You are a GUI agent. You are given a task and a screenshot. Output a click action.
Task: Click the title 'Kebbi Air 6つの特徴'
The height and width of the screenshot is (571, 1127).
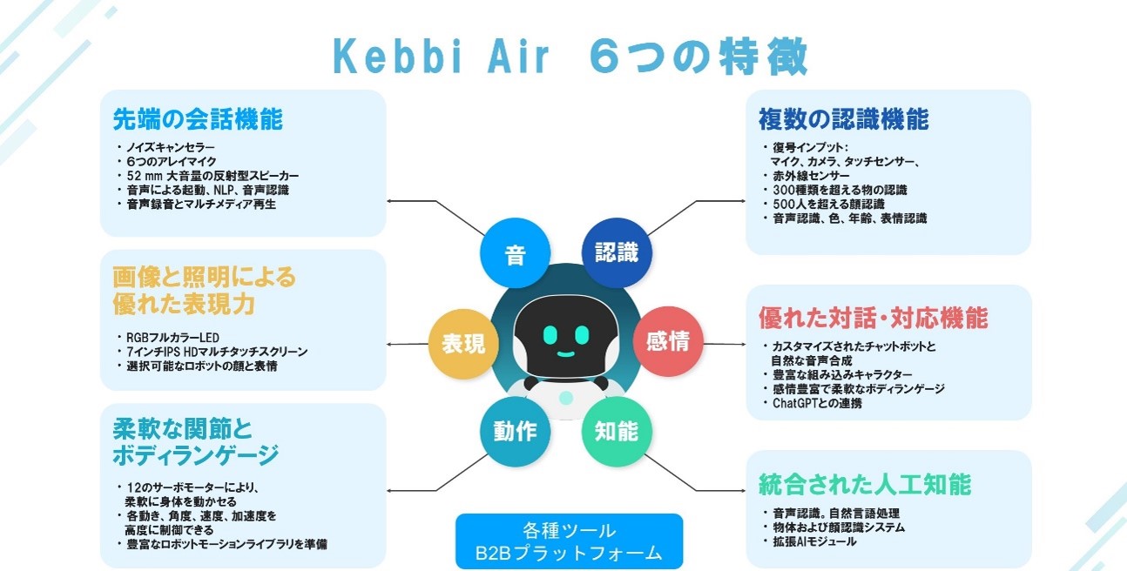click(570, 57)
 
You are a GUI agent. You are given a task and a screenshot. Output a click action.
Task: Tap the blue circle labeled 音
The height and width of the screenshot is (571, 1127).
click(516, 252)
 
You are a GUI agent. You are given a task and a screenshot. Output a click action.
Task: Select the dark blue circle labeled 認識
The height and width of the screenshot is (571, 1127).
click(617, 252)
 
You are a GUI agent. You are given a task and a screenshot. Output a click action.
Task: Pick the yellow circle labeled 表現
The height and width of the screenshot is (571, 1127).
click(463, 345)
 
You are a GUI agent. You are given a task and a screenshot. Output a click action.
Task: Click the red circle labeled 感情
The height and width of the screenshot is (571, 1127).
click(668, 342)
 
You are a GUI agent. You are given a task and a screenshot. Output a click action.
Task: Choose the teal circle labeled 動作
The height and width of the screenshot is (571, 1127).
click(516, 432)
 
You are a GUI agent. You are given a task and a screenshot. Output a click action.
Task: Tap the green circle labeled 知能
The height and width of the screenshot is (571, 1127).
click(617, 432)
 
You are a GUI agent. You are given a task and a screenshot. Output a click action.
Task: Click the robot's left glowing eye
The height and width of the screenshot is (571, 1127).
click(550, 335)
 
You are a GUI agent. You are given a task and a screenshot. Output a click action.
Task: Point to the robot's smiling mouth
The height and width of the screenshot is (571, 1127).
click(566, 354)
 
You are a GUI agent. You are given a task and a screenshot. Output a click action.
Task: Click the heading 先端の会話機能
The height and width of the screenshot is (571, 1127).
click(198, 119)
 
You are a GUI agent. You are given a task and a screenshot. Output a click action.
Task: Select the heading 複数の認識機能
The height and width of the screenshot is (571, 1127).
click(844, 119)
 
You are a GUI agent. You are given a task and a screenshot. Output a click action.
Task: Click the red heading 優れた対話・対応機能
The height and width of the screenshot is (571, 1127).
click(874, 318)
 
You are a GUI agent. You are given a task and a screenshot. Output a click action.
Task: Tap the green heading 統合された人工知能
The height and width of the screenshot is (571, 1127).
click(865, 484)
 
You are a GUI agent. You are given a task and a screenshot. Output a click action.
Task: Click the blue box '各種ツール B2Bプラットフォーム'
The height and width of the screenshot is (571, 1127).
click(570, 541)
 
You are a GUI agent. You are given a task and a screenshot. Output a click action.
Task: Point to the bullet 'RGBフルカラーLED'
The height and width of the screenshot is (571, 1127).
click(172, 337)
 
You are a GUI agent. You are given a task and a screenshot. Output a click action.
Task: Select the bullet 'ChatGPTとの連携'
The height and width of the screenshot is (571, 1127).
click(817, 403)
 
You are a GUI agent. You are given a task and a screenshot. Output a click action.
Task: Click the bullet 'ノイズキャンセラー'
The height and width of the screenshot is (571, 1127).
click(171, 147)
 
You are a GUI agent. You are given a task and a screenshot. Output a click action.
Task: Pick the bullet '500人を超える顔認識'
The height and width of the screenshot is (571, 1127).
click(828, 204)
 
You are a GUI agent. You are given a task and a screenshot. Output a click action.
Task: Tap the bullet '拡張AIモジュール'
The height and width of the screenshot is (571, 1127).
click(814, 541)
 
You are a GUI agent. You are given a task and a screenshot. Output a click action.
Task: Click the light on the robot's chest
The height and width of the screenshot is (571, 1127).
click(566, 398)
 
